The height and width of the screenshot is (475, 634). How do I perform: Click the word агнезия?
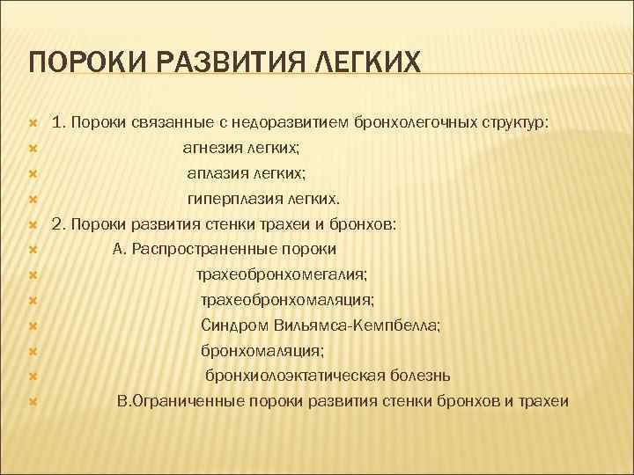pyautogui.click(x=211, y=149)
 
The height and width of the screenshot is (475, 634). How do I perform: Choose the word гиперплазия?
pyautogui.click(x=231, y=199)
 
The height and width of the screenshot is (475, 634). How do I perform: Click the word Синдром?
pyautogui.click(x=228, y=325)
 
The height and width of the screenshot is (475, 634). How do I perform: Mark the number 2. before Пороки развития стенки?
pyautogui.click(x=60, y=224)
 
